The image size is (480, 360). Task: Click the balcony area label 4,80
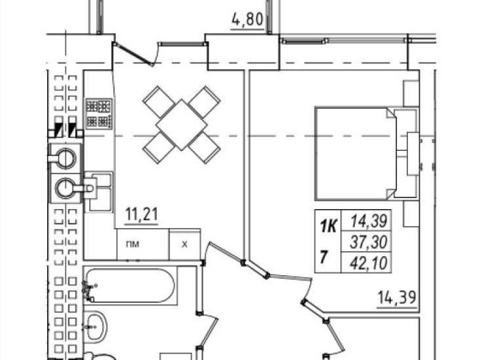[248, 20]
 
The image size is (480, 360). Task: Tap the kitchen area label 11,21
[141, 214]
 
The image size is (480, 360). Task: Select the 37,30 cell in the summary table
[369, 242]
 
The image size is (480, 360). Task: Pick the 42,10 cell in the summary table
[369, 263]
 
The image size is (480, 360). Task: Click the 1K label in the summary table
[328, 226]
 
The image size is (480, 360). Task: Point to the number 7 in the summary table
[323, 257]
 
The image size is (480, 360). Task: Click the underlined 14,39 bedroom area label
[397, 297]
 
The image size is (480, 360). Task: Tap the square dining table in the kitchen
[181, 125]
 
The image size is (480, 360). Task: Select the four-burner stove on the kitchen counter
[99, 113]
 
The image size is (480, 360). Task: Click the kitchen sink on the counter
[98, 192]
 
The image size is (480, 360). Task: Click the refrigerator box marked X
[184, 244]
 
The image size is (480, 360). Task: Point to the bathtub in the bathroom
[130, 285]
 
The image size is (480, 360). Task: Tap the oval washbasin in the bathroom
[95, 327]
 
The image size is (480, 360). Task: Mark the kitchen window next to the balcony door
[183, 44]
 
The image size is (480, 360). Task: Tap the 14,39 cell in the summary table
[369, 220]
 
